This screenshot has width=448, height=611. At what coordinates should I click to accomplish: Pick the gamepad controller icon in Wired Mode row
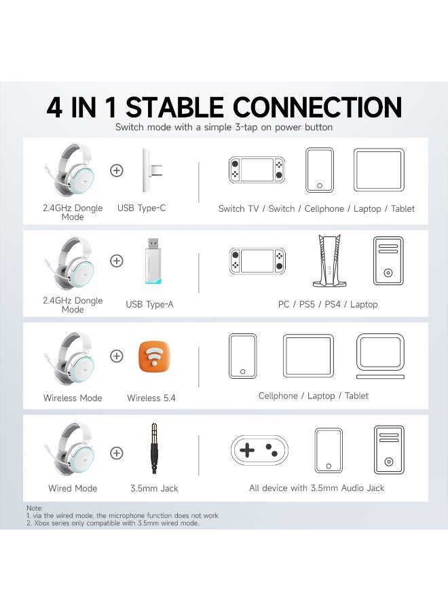point(259,449)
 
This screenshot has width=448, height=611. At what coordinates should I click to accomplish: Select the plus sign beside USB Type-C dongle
point(117,170)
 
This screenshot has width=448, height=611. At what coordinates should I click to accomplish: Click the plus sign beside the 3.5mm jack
point(117,452)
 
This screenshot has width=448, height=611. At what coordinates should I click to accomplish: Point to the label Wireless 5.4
point(151,398)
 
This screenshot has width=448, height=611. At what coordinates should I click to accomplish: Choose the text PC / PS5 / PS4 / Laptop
point(328,304)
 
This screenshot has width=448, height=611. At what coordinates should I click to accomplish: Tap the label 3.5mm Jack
point(154,488)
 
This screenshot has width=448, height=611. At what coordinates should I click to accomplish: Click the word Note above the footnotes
point(34,508)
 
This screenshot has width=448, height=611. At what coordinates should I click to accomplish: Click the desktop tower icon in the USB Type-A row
point(388,261)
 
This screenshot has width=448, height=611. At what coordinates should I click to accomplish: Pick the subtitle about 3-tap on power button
point(224,127)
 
